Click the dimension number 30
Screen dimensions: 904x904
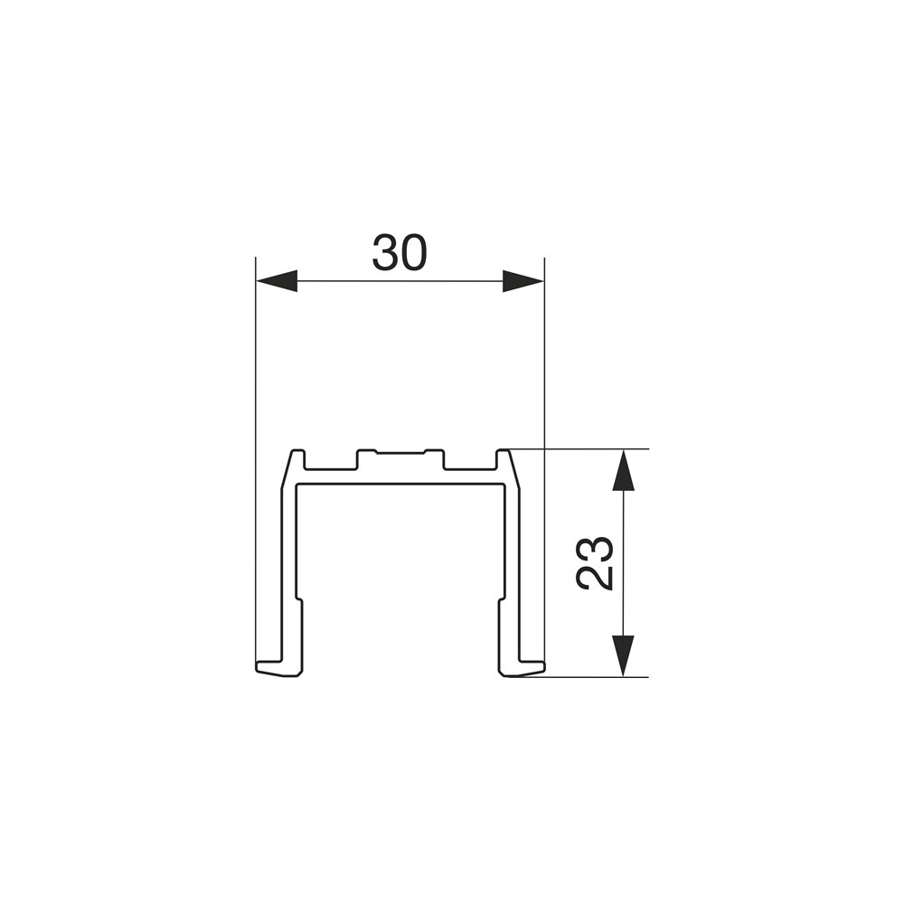[400, 252]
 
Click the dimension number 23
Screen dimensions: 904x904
[594, 563]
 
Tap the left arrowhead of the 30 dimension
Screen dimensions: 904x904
[277, 281]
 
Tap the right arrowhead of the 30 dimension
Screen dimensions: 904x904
[523, 281]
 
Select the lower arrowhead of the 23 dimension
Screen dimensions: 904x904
[622, 655]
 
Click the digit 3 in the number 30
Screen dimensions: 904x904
[385, 252]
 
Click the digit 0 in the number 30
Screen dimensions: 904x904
[414, 252]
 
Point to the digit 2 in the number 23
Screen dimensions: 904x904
[594, 578]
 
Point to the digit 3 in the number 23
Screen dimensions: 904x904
[594, 550]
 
